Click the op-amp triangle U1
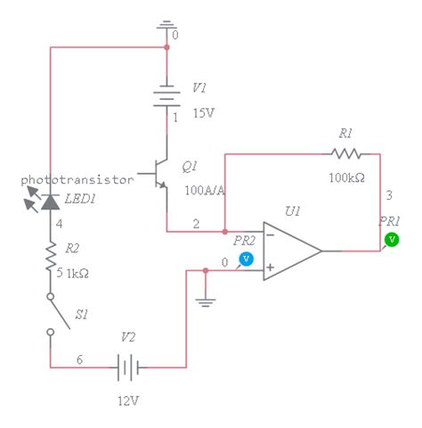290,251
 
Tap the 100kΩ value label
346,177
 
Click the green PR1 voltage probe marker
390,240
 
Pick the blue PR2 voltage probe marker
247,259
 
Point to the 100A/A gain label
203,190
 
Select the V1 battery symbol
166,97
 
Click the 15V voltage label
203,113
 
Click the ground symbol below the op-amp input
206,301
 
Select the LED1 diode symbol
50,202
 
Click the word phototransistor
77,179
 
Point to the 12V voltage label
128,400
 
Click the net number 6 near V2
79,358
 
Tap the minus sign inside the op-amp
270,235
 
